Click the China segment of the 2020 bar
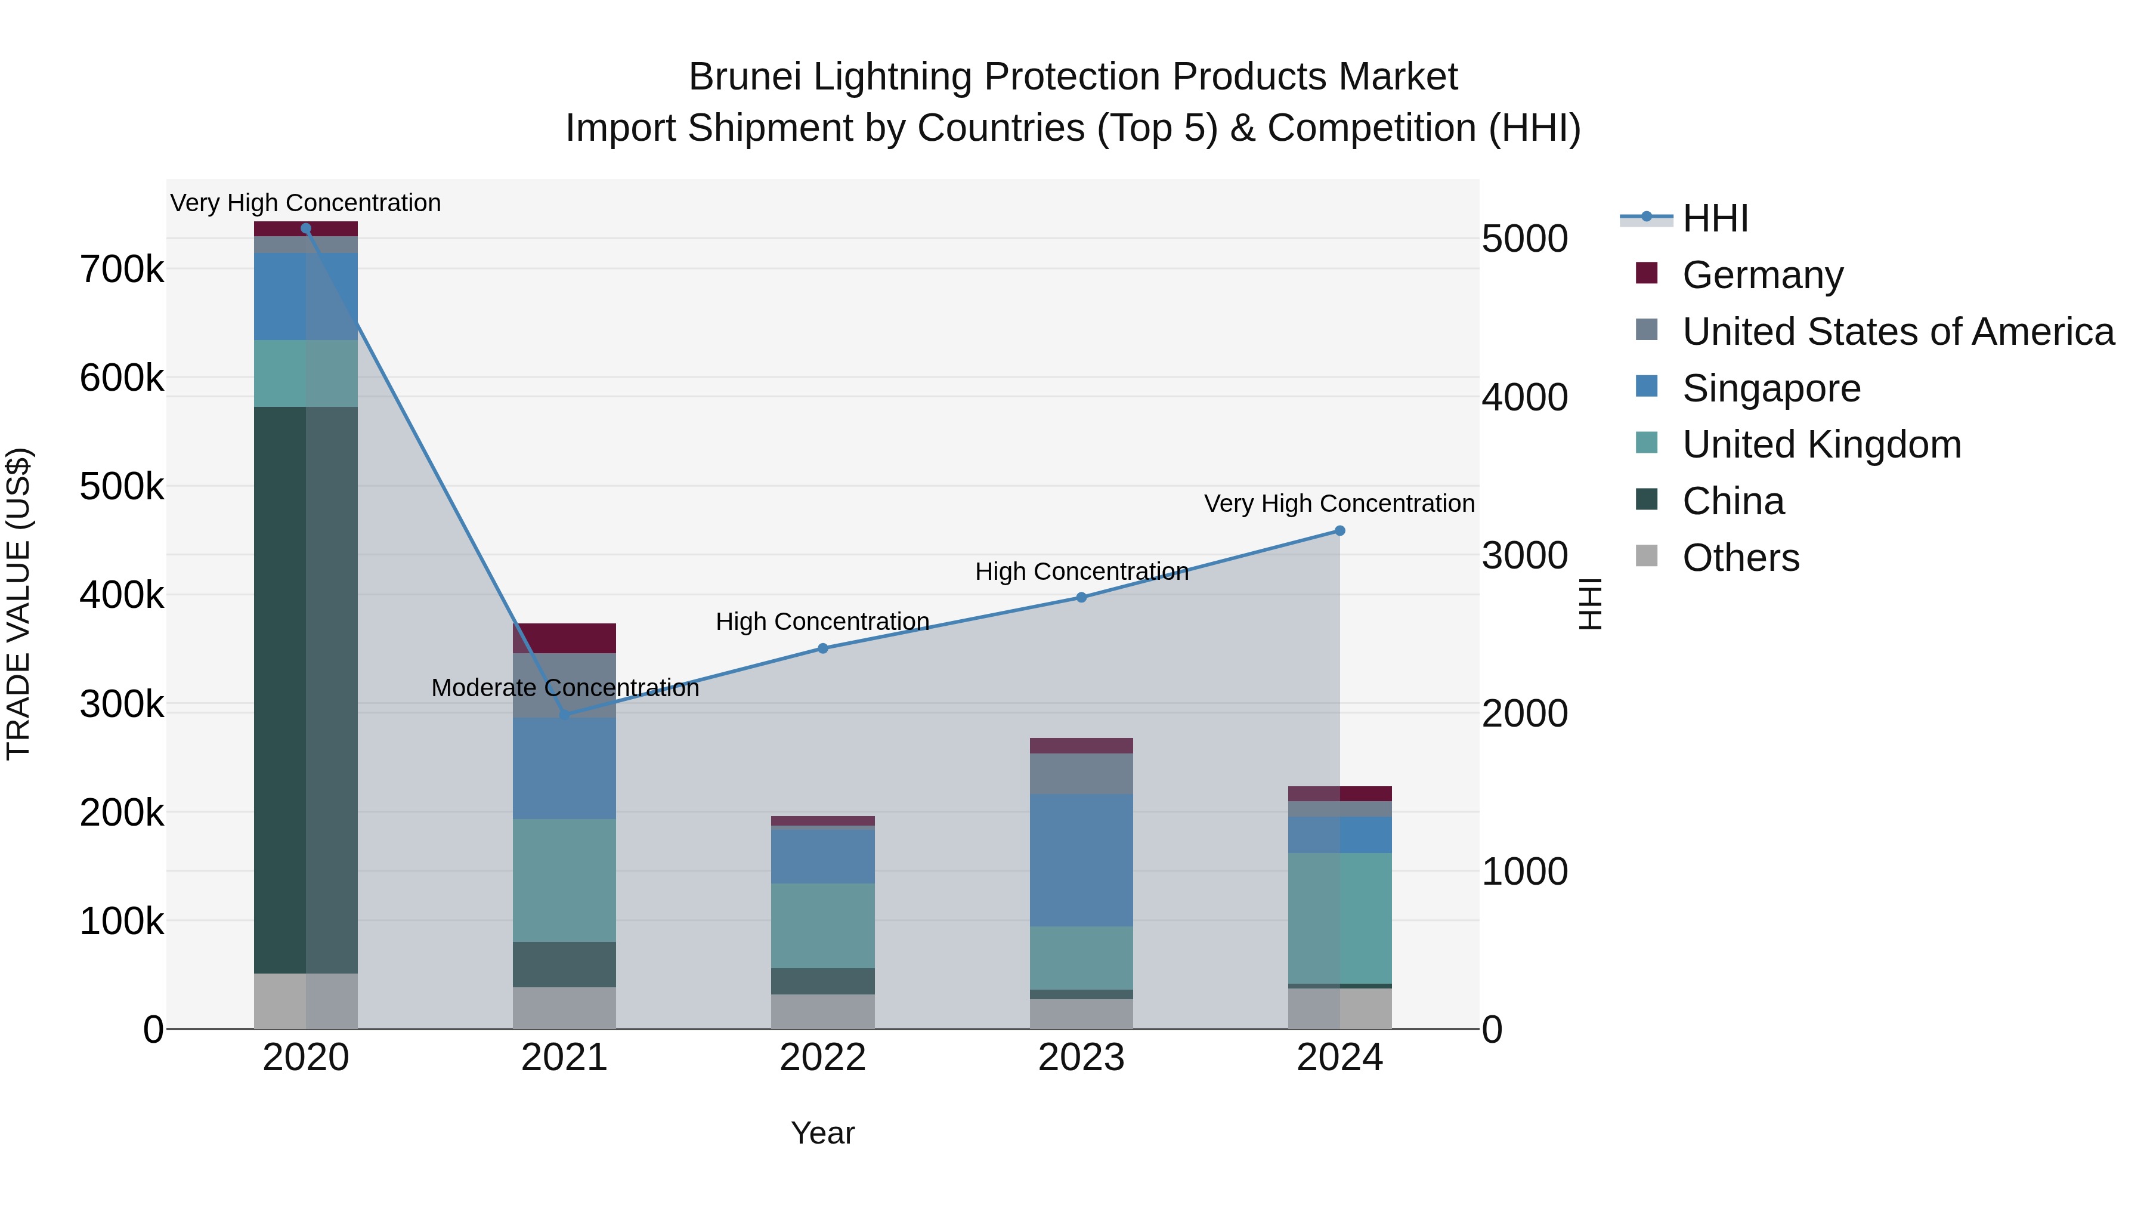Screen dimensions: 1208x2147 [x=305, y=690]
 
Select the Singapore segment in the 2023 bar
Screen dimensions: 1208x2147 [x=1081, y=860]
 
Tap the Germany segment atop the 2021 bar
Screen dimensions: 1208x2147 [x=564, y=638]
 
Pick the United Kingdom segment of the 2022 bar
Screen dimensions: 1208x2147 [x=822, y=925]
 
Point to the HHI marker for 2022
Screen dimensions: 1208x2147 [x=822, y=648]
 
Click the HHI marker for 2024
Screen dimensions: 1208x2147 [x=1339, y=531]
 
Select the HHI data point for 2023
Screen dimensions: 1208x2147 [x=1081, y=598]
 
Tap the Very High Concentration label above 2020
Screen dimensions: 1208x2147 [x=305, y=203]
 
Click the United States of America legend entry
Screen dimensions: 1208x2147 [x=1897, y=331]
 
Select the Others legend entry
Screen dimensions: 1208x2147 [x=1740, y=558]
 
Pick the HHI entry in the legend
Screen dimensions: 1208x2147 [x=1715, y=218]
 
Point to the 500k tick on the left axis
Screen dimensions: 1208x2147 [x=122, y=487]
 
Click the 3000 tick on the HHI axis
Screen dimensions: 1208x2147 [x=1524, y=555]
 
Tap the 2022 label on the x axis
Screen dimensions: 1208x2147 [x=822, y=1058]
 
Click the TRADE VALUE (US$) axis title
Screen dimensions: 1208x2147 [x=18, y=604]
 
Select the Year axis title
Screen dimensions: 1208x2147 [x=822, y=1133]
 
